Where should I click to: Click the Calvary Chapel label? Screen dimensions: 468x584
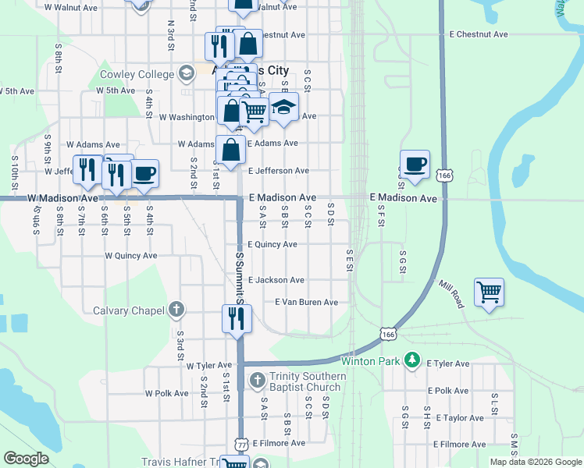coord(129,310)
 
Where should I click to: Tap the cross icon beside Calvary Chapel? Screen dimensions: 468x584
coord(177,310)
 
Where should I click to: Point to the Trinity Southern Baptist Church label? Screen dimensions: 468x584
coord(305,381)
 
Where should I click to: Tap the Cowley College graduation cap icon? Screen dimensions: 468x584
coord(186,74)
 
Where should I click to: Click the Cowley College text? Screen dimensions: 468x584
coord(137,75)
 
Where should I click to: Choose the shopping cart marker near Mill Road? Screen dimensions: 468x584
coord(489,293)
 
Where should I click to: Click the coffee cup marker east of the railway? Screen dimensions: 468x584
coord(415,165)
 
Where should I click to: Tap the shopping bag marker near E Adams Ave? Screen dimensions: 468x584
coord(232,150)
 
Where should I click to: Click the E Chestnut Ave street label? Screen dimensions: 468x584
coord(479,34)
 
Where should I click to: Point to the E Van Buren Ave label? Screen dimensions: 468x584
coord(306,302)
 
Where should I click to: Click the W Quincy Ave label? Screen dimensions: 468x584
coord(131,255)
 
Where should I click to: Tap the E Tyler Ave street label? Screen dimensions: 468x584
coord(447,363)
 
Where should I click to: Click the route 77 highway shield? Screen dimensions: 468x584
coord(243,443)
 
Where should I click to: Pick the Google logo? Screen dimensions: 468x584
coord(26,459)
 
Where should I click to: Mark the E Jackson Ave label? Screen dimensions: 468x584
coord(276,279)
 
